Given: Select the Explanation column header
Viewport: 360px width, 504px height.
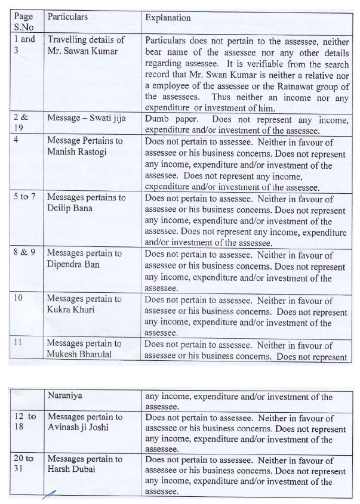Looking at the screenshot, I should [x=168, y=18].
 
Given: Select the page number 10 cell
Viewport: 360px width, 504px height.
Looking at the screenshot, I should [x=18, y=299].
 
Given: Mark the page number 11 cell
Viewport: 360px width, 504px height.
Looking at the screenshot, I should [x=18, y=344].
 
